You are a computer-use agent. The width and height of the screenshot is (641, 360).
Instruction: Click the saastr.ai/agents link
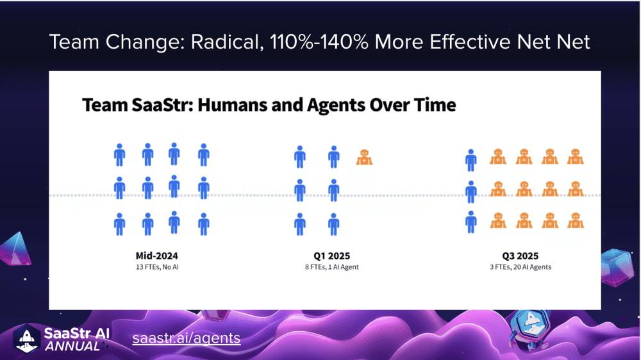coord(187,338)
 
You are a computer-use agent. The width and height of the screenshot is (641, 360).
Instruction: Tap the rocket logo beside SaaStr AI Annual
coord(26,339)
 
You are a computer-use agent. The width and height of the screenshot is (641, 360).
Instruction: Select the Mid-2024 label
coord(157,256)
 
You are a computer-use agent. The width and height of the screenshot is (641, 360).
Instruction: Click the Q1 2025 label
coord(331,256)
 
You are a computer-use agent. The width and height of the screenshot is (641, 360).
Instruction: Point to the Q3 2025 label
coord(520,256)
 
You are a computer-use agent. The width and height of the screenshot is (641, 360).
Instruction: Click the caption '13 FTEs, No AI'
coord(157,267)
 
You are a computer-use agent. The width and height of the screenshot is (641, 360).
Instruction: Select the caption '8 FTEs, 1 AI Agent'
coord(331,267)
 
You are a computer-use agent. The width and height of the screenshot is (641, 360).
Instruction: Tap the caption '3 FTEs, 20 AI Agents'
coord(520,267)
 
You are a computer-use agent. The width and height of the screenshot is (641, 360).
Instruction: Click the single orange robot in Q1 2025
coord(364,158)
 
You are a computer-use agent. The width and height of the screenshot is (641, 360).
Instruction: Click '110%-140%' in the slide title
coord(319,42)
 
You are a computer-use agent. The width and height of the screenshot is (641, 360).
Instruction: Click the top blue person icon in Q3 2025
coord(471,160)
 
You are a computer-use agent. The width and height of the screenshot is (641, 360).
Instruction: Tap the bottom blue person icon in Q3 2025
coord(471,222)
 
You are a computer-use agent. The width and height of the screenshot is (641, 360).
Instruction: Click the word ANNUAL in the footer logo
coord(72,347)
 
